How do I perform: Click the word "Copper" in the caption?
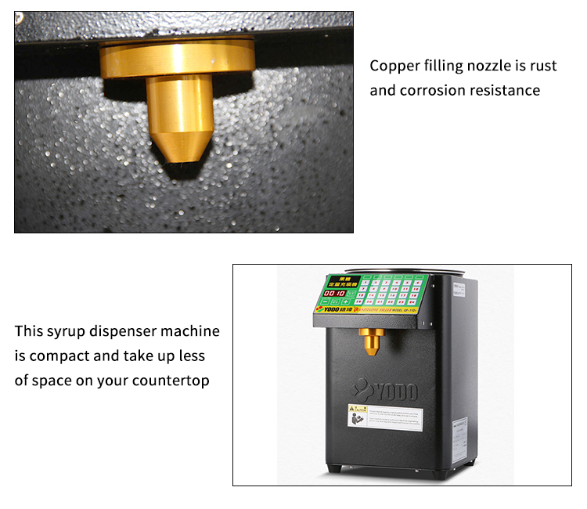pos(395,66)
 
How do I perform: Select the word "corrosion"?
pos(436,90)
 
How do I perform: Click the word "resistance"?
pos(507,90)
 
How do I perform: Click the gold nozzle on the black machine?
pos(369,339)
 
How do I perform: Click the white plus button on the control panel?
pos(344,301)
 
